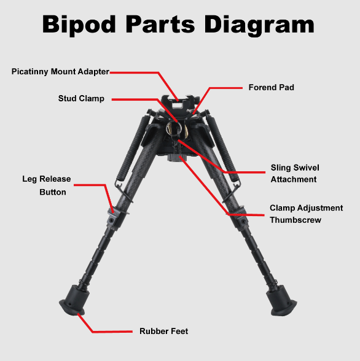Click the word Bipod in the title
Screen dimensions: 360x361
tap(79, 25)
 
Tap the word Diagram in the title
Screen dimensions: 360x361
tap(259, 25)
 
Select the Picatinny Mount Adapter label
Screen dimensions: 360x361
tap(60, 72)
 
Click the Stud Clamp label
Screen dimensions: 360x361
tap(81, 98)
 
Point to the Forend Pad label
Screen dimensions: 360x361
tap(272, 87)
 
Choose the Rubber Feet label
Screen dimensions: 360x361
tap(164, 332)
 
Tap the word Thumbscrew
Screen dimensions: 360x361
tap(295, 220)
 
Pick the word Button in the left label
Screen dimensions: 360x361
tap(53, 192)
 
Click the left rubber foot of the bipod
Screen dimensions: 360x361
tap(74, 300)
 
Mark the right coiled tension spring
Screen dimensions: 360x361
tap(222, 148)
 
